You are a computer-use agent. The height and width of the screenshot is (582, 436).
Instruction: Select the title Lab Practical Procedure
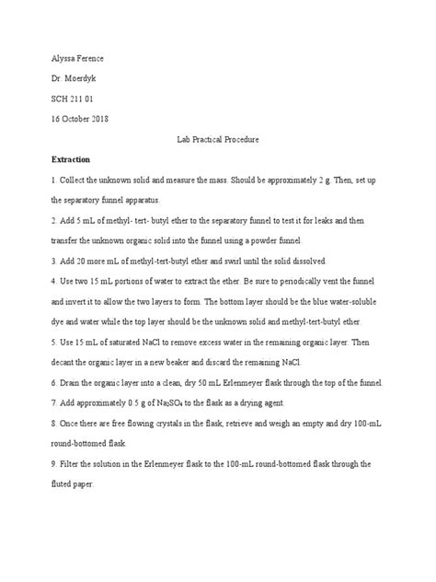tap(217, 137)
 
